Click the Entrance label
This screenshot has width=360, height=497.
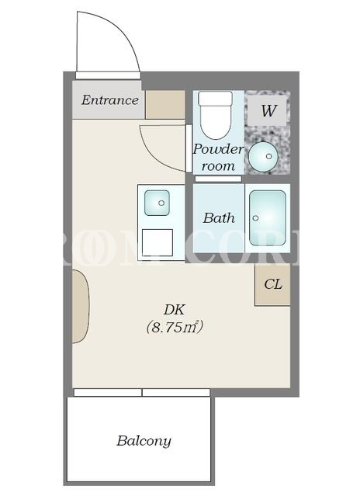[x=110, y=100]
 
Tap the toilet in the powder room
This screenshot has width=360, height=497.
[x=216, y=115]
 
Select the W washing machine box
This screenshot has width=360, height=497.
[x=267, y=110]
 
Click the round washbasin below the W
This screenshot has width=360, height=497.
[x=263, y=156]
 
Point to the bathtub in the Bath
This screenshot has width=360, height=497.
[x=268, y=217]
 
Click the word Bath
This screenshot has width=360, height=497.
[x=219, y=218]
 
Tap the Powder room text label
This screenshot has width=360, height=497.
[x=219, y=158]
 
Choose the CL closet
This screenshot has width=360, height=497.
[x=272, y=285]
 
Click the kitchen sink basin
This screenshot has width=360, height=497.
[x=157, y=203]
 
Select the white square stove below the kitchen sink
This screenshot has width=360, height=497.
[x=157, y=242]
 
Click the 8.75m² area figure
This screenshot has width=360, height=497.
[x=174, y=327]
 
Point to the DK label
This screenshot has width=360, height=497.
[x=174, y=310]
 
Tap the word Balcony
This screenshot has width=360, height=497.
[x=144, y=441]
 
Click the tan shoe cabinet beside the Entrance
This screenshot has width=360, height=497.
[x=165, y=105]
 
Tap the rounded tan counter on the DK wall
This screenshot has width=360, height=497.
[x=81, y=306]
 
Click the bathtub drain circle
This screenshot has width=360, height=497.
[x=255, y=218]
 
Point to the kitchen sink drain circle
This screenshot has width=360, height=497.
[x=161, y=203]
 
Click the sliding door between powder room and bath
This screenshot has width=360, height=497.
[x=218, y=179]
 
